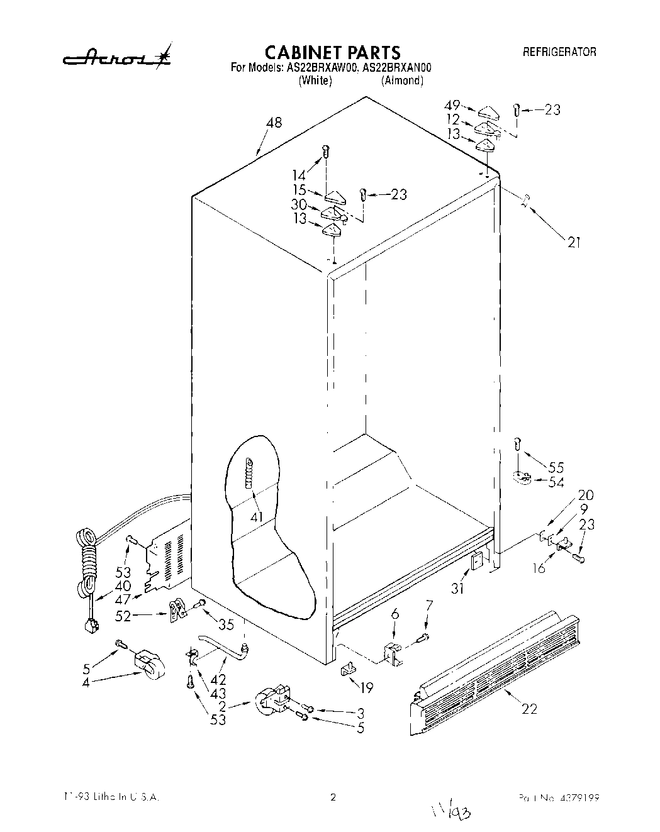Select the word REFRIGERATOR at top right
[559, 52]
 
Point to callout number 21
[573, 242]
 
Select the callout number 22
[529, 709]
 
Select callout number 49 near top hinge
[452, 105]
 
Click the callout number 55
[556, 468]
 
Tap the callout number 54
[556, 482]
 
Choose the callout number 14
[298, 176]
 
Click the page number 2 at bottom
[333, 797]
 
